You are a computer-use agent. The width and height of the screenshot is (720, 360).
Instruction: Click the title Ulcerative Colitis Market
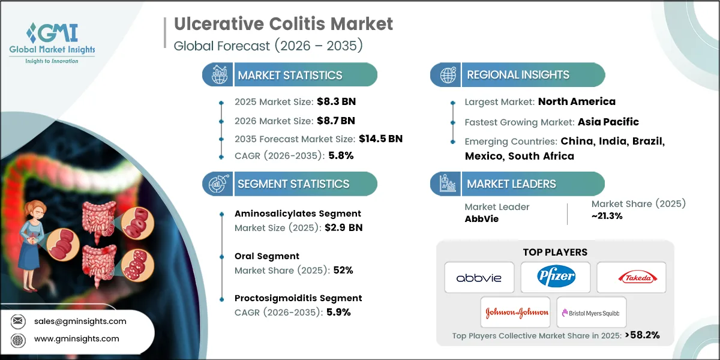point(283,24)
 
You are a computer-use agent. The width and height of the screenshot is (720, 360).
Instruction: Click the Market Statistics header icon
point(218,75)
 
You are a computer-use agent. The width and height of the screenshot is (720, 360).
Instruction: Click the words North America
point(577,101)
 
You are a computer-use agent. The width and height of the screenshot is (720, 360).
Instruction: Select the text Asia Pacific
point(608,122)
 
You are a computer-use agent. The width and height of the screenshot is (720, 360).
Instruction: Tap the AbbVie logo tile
point(479,278)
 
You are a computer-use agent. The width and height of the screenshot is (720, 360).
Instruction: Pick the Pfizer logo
point(555,278)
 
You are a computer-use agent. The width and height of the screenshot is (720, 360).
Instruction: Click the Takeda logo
point(631,278)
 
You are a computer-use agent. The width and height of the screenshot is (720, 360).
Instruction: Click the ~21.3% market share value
point(607,217)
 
